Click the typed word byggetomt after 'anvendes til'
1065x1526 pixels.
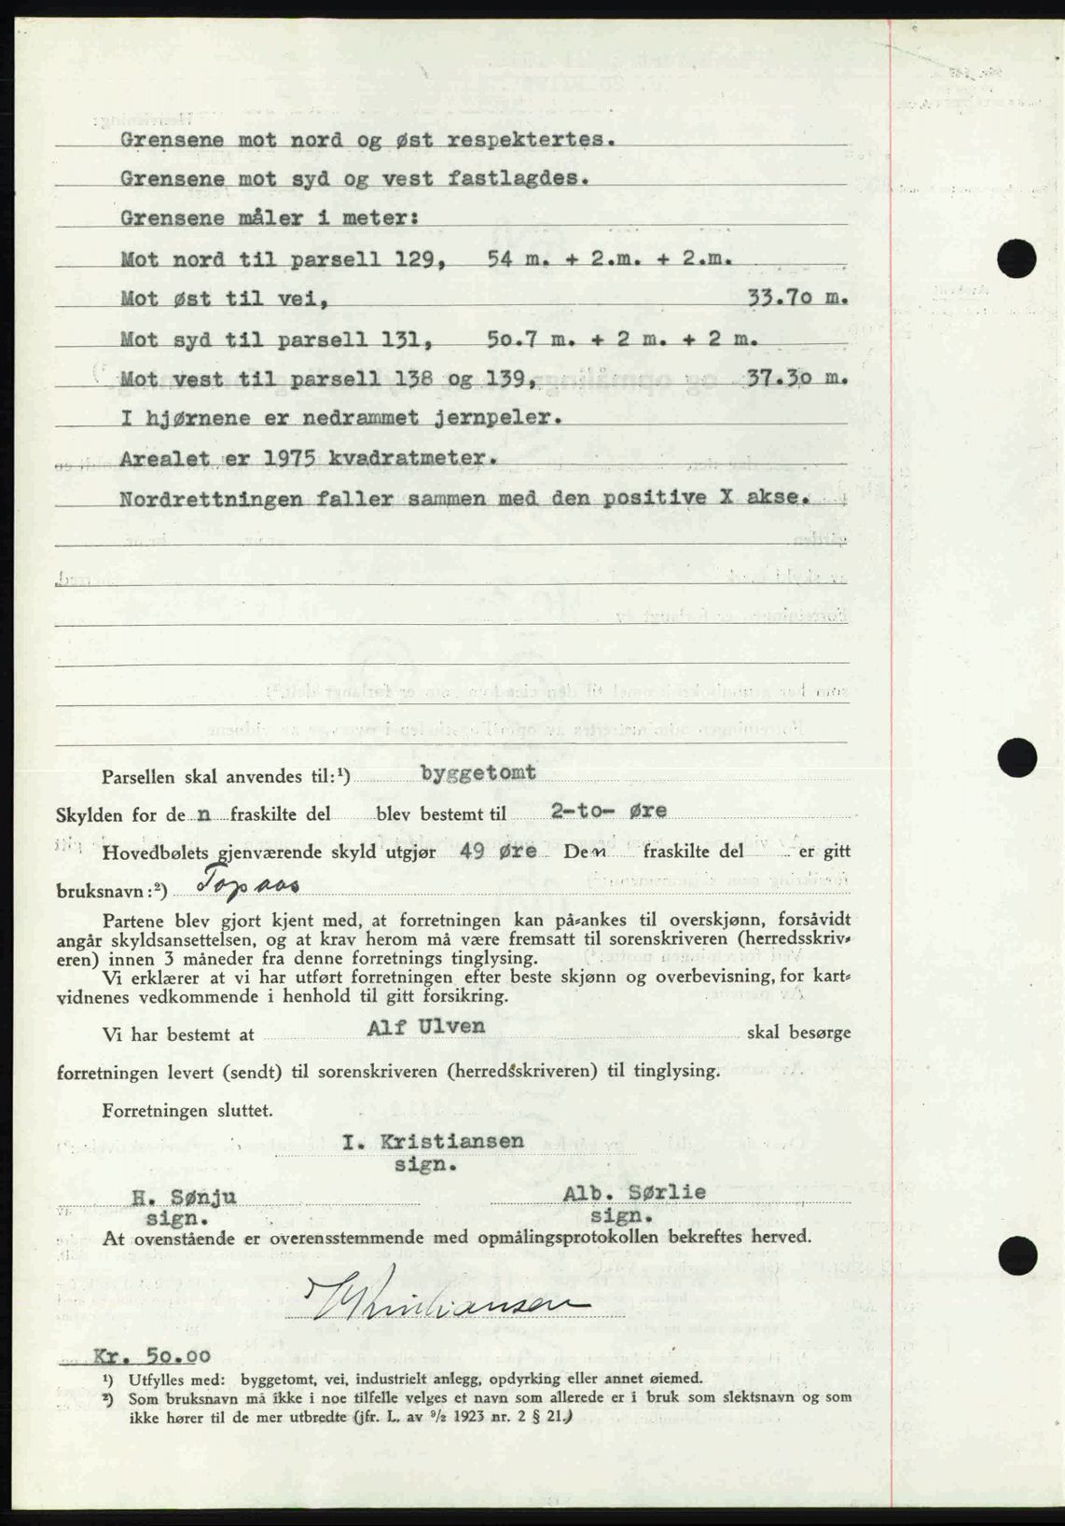pyautogui.click(x=478, y=771)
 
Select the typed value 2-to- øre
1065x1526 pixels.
pyautogui.click(x=608, y=811)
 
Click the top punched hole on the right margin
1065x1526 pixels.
pyautogui.click(x=1016, y=257)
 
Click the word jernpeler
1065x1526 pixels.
pyautogui.click(x=486, y=418)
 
